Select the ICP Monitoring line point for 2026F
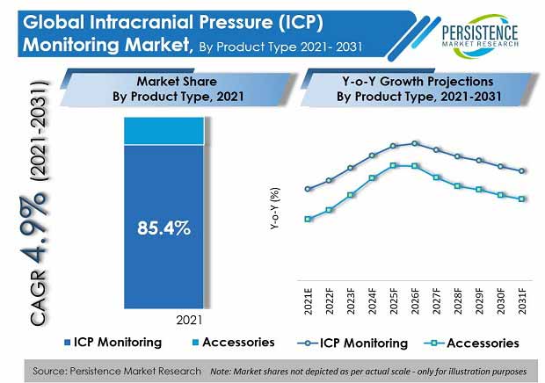(415, 143)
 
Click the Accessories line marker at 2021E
(308, 219)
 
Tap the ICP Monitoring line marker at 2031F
(523, 171)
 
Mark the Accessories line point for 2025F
(394, 164)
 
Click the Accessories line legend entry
(471, 342)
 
